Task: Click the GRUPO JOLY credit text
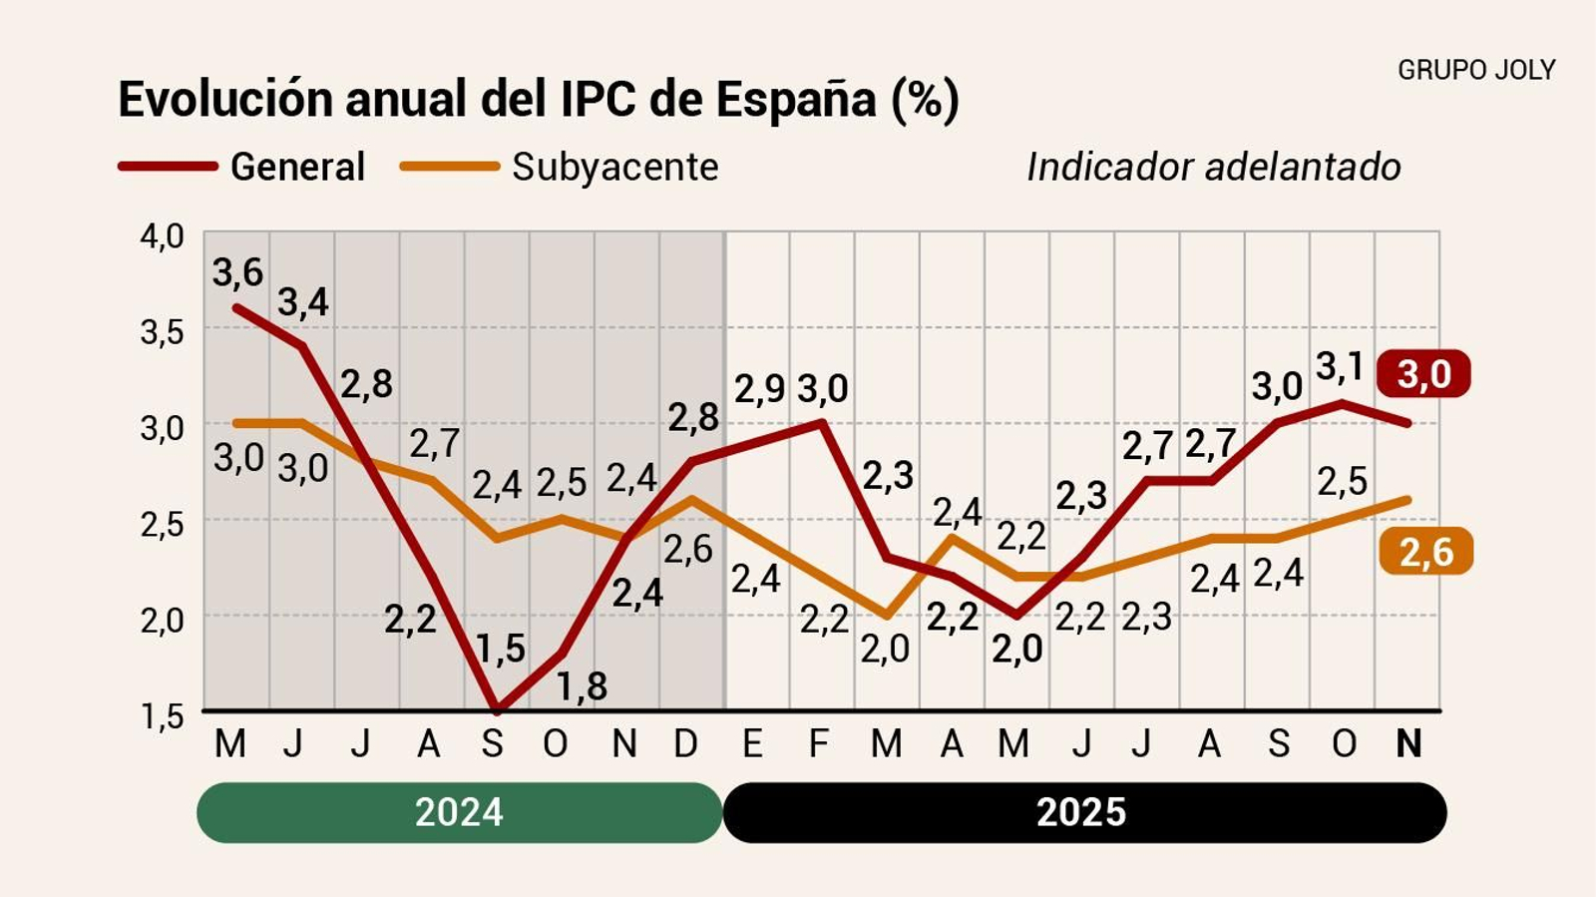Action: [x=1475, y=70]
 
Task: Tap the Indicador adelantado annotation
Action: [x=1213, y=167]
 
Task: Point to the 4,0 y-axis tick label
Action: [x=162, y=236]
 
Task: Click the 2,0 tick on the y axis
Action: [x=162, y=620]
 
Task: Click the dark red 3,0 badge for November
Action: [x=1423, y=374]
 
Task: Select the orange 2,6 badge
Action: [x=1425, y=551]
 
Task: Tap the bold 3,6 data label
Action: [x=237, y=272]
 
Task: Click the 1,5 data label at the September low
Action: [x=500, y=650]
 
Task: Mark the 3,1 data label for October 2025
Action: [x=1340, y=367]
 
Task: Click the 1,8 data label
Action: [x=582, y=686]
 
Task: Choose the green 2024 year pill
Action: [x=459, y=812]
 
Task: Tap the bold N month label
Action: [x=1407, y=743]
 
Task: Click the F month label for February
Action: [x=818, y=743]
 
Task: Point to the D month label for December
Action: [x=686, y=743]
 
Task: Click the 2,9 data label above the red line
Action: [x=759, y=389]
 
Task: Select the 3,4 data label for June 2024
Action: [x=302, y=301]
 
